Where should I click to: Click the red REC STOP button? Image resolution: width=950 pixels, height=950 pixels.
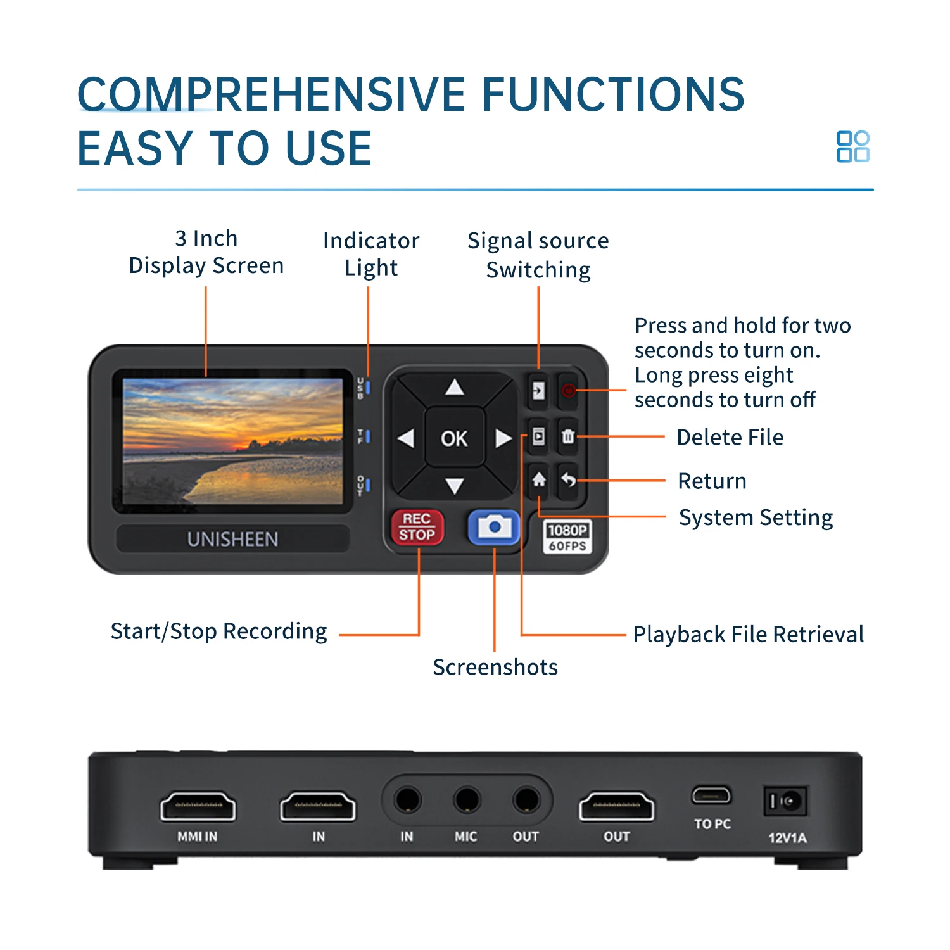[416, 527]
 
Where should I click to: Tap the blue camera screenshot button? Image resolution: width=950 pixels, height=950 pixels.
[493, 527]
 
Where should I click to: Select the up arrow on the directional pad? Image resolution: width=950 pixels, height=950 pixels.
[454, 387]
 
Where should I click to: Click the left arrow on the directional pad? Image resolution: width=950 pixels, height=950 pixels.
[405, 438]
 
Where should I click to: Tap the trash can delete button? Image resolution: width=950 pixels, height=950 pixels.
[568, 436]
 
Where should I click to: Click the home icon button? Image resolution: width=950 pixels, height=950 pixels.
[538, 480]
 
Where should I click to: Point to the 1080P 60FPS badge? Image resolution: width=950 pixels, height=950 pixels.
[567, 537]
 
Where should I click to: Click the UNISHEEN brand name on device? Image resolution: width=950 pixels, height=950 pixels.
[232, 539]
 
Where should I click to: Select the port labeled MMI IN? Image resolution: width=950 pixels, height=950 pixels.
[198, 807]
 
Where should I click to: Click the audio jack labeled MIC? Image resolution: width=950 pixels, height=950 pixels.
[466, 801]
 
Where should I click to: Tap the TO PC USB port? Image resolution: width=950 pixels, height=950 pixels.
[711, 795]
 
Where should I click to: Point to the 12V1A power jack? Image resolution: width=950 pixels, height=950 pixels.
[785, 802]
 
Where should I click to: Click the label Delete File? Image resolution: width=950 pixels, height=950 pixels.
[730, 437]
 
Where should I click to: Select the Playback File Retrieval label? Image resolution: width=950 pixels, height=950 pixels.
[748, 634]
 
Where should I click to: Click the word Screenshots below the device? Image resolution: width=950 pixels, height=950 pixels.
[495, 667]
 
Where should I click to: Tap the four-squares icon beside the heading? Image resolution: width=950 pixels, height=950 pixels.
[852, 147]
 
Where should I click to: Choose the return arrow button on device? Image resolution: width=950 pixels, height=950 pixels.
[568, 480]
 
